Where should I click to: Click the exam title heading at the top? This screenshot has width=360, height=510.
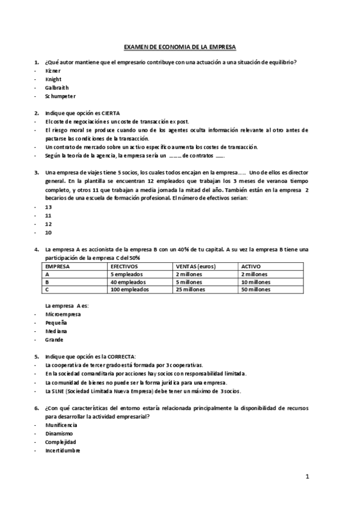pyautogui.click(x=180, y=46)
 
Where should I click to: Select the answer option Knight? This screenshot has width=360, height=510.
pyautogui.click(x=53, y=79)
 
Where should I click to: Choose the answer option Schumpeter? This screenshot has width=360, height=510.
pyautogui.click(x=60, y=96)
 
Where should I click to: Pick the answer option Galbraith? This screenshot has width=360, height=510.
pyautogui.click(x=56, y=87)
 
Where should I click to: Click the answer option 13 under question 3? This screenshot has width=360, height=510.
pyautogui.click(x=48, y=206)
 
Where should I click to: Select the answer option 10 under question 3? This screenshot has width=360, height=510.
pyautogui.click(x=48, y=232)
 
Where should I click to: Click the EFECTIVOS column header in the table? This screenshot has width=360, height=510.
pyautogui.click(x=124, y=265)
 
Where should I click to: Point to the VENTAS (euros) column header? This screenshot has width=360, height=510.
pyautogui.click(x=196, y=265)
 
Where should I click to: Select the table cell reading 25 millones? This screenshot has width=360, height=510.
pyautogui.click(x=191, y=289)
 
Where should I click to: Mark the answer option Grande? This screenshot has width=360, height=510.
pyautogui.click(x=54, y=339)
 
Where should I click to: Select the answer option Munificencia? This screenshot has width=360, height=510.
pyautogui.click(x=61, y=425)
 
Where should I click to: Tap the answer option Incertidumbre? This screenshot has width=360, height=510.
pyautogui.click(x=62, y=450)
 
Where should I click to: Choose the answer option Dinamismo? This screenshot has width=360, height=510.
pyautogui.click(x=58, y=433)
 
